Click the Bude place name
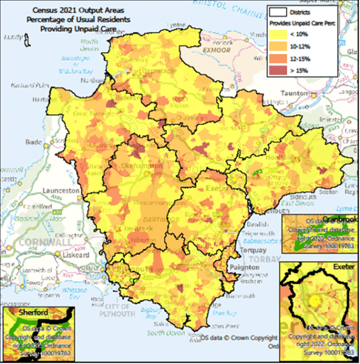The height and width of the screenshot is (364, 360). click(33, 144)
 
